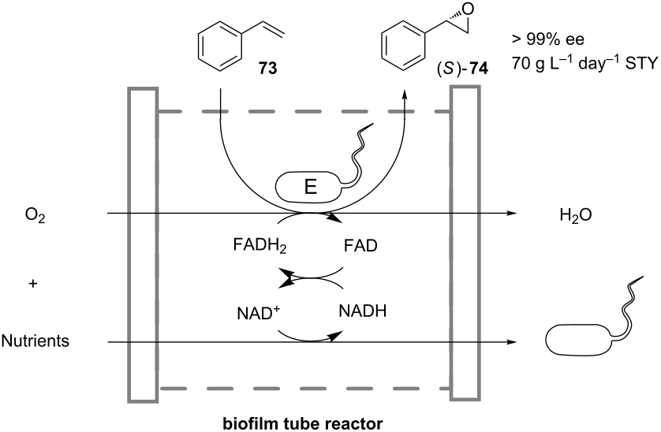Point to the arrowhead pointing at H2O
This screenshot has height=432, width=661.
[513, 214]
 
